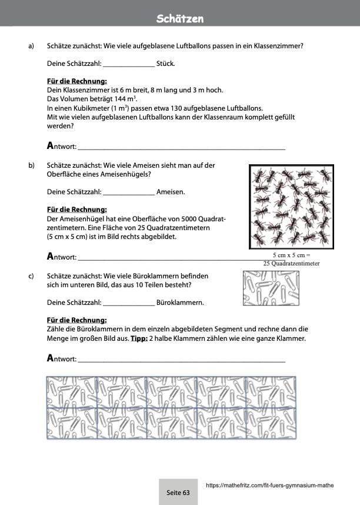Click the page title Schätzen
click(x=180, y=19)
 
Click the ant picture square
click(x=291, y=207)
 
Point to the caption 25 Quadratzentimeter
click(x=291, y=264)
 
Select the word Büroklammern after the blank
click(x=179, y=303)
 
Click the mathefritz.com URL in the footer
click(x=270, y=486)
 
